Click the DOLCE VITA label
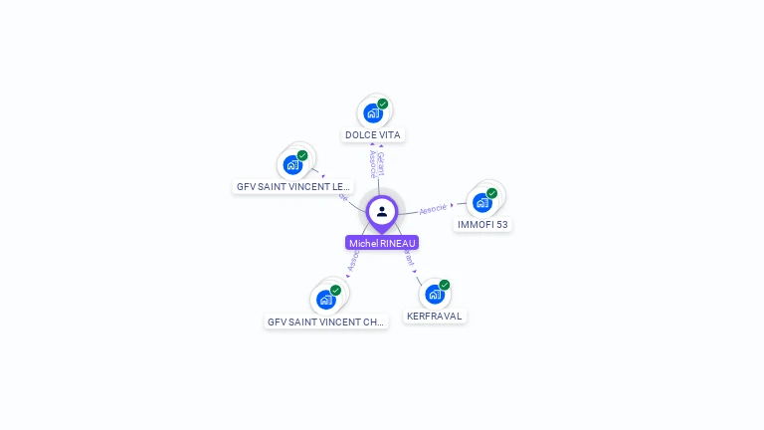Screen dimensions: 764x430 point(373,134)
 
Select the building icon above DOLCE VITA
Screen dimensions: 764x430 point(373,112)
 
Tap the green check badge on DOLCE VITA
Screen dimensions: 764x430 point(382,104)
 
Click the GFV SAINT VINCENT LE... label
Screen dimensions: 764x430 point(293,186)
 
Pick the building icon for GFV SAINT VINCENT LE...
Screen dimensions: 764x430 point(292,164)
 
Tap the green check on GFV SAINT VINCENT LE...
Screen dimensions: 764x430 point(301,155)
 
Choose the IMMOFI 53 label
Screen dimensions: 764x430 point(482,225)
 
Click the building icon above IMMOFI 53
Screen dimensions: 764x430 point(482,202)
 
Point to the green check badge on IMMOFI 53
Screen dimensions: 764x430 point(491,193)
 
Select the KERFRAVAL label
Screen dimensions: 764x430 point(435,317)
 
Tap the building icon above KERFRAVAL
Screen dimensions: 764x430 point(435,294)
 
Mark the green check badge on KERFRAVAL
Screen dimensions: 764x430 point(444,285)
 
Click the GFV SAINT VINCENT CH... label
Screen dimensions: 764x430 point(325,322)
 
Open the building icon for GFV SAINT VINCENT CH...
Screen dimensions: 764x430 point(325,299)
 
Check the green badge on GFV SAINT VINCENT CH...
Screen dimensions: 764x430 point(335,290)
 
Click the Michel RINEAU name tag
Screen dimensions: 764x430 point(382,243)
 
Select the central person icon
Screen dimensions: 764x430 point(382,211)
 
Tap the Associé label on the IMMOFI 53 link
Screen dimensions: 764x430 point(433,209)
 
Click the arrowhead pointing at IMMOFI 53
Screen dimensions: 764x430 point(453,205)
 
